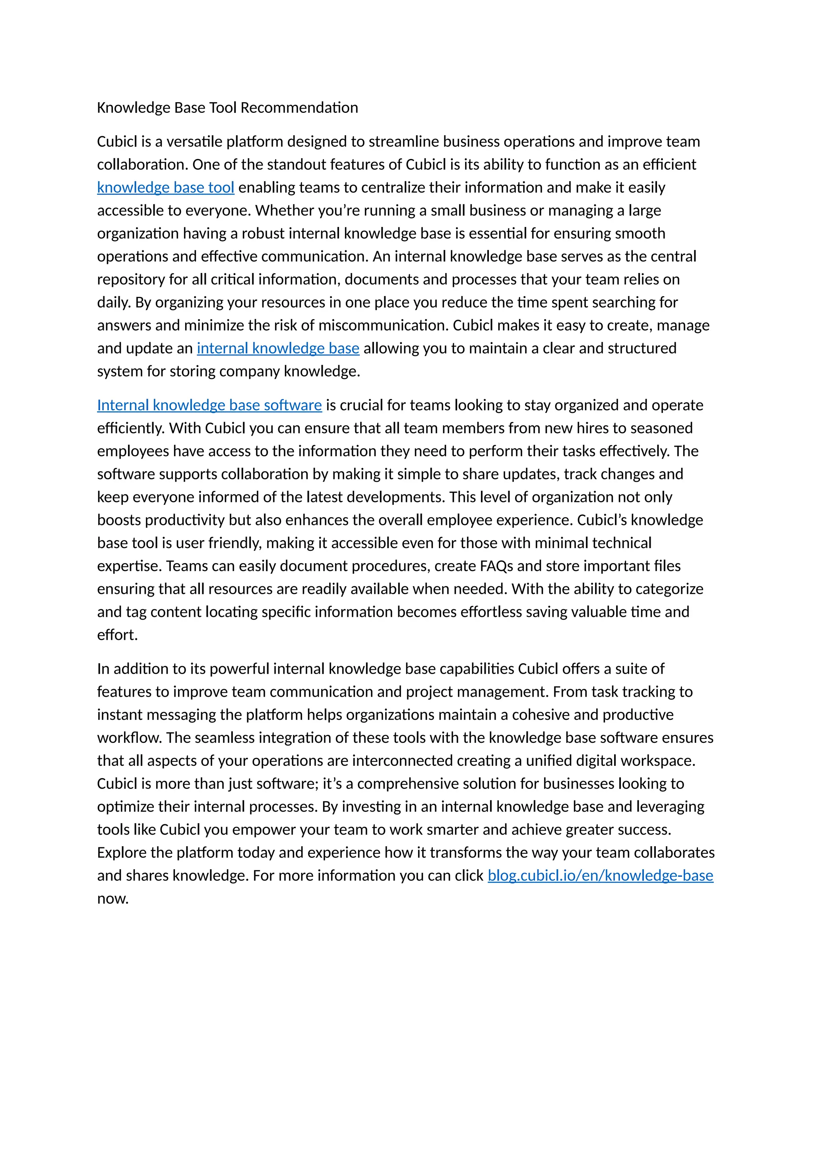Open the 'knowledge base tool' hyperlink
point(165,188)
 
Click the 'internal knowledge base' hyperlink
point(278,349)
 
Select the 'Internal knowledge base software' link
point(209,405)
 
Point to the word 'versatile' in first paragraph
point(194,142)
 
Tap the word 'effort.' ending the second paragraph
point(117,635)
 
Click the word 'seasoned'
point(663,428)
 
